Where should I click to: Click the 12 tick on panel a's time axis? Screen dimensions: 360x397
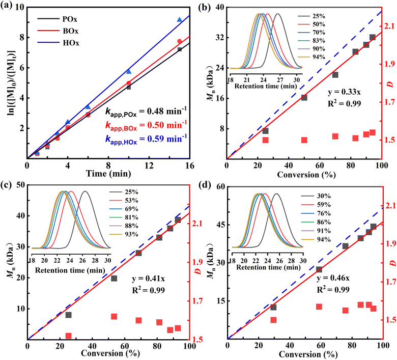pos(149,165)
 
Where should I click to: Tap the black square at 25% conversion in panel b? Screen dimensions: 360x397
pos(265,131)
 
